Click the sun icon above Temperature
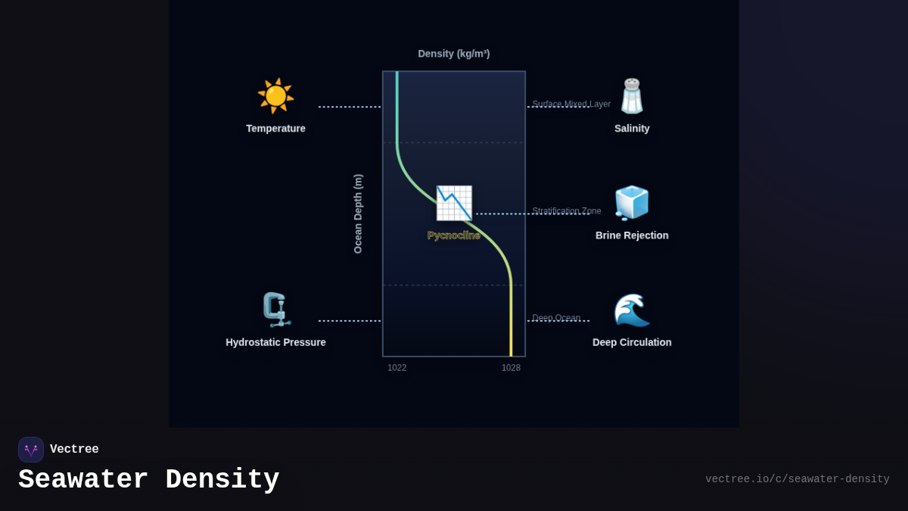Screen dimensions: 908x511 coord(275,96)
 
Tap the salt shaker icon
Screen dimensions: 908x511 coord(632,96)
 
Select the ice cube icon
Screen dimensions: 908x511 coord(632,203)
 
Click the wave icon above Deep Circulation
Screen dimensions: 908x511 coord(632,310)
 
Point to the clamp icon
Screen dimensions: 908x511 coord(275,310)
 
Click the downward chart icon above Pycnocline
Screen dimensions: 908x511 coord(454,203)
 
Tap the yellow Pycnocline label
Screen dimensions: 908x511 coord(454,235)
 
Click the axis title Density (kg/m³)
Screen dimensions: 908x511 coord(454,54)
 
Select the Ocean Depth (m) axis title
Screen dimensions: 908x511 coord(358,213)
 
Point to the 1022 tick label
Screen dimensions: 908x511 coord(397,368)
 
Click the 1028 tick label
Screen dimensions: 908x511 coord(511,368)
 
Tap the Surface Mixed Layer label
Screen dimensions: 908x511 coord(571,104)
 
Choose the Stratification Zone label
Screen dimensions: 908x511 coord(567,210)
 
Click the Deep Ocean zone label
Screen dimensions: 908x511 coord(556,318)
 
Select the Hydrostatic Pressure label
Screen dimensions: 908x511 coord(275,342)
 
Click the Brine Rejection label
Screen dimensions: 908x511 coord(632,235)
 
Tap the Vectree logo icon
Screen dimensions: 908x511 coord(31,450)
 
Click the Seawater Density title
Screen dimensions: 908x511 coord(149,480)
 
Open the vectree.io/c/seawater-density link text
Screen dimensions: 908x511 coord(797,479)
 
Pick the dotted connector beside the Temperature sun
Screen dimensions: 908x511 coord(350,107)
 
